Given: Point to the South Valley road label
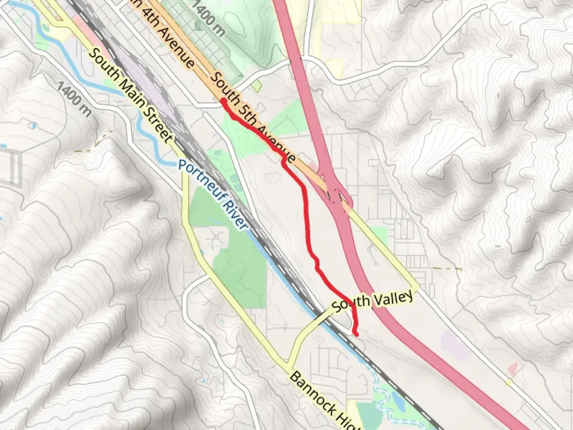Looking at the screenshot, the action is click(372, 301).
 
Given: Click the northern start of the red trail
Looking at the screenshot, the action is click(223, 101).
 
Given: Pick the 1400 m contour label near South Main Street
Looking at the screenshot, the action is click(74, 99).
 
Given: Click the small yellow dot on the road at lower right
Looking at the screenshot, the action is click(509, 383).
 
